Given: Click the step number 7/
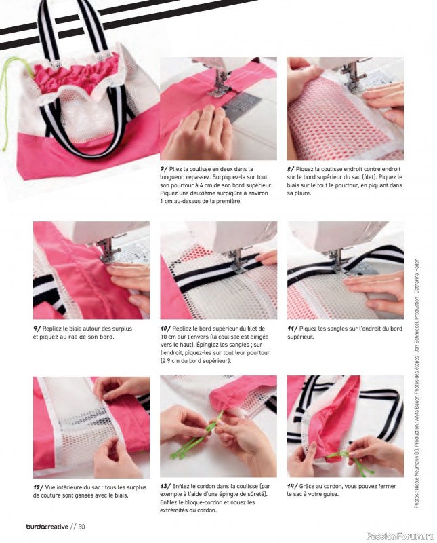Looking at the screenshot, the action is click(x=164, y=169).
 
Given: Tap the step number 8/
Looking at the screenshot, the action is click(x=291, y=169).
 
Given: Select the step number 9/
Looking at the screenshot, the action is click(x=37, y=329).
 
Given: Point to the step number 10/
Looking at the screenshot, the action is click(x=165, y=329).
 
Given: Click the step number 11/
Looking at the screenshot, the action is click(x=292, y=329).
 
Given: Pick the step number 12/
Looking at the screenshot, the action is click(x=38, y=487).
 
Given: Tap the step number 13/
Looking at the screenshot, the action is click(x=165, y=486).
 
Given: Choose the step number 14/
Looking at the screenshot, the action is click(x=292, y=486).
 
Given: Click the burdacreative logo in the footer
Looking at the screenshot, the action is click(x=47, y=527).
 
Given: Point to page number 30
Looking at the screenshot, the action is click(x=81, y=527).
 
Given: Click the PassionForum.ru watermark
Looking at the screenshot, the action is click(x=400, y=536).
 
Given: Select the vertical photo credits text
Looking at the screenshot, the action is click(x=417, y=383).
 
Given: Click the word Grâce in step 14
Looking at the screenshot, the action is click(x=307, y=486).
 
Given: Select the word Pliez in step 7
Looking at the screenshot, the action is click(x=175, y=169).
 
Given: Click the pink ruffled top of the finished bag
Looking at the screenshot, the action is click(x=75, y=74).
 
